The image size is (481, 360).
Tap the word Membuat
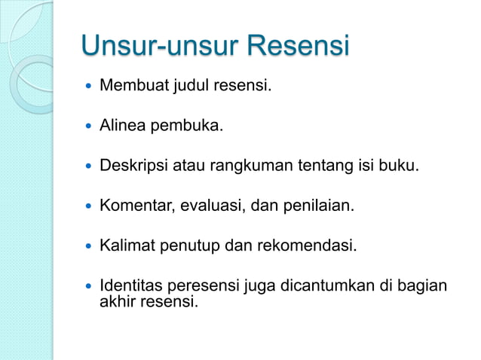130,86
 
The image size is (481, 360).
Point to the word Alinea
122,125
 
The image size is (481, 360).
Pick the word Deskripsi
132,164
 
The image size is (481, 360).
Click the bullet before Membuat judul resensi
90,87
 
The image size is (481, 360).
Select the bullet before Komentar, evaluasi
90,205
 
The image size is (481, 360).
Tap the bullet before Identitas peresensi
90,287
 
